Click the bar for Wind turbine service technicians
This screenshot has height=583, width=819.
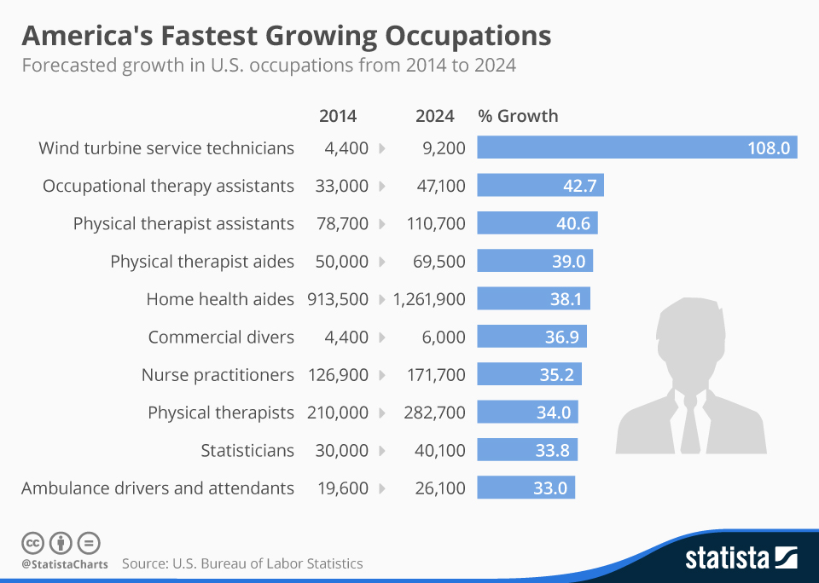point(636,148)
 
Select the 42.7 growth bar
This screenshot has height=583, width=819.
point(540,186)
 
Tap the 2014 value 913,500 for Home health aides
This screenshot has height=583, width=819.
point(338,299)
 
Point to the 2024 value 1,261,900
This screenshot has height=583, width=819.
point(429,299)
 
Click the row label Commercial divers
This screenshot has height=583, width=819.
point(221,337)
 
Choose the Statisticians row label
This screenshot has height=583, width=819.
point(247,450)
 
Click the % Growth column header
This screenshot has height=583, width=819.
point(518,116)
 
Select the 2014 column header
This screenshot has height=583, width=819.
point(338,116)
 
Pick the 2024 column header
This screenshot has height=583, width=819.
point(435,116)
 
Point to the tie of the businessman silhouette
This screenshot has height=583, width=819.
point(690,422)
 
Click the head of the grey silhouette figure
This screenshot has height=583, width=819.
point(690,337)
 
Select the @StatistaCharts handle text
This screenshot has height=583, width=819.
point(65,564)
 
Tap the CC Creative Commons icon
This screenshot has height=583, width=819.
point(32,542)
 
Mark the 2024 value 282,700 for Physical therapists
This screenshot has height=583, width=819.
point(434,413)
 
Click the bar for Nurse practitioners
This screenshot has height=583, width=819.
point(529,375)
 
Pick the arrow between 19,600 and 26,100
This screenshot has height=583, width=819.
point(381,488)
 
